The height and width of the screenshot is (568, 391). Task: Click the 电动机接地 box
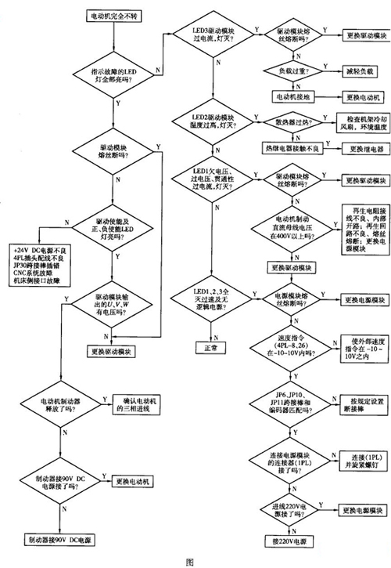point(292,97)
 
